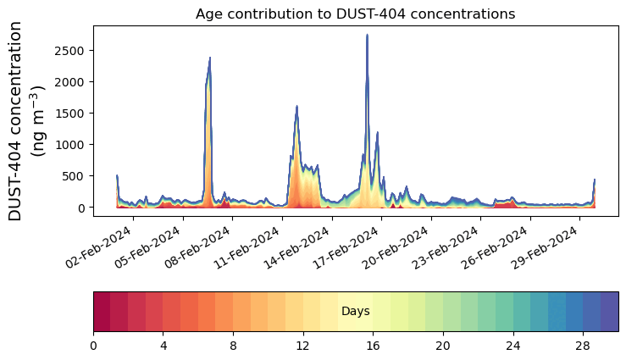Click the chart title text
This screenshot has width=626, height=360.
tap(355, 14)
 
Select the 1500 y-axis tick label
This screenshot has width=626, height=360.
tap(69, 114)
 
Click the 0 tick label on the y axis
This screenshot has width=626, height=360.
tap(81, 208)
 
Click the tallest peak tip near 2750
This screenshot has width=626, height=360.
tap(367, 35)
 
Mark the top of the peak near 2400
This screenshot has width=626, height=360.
tap(210, 58)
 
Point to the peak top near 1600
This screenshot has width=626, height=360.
tap(296, 106)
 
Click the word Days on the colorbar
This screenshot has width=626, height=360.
tap(355, 311)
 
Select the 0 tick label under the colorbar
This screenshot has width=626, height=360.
tap(93, 346)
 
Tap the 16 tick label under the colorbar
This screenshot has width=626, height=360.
tap(373, 346)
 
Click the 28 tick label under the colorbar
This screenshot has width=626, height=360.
tap(583, 346)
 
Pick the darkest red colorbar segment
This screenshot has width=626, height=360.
tap(102, 312)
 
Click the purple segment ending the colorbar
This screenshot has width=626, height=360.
tap(610, 312)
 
